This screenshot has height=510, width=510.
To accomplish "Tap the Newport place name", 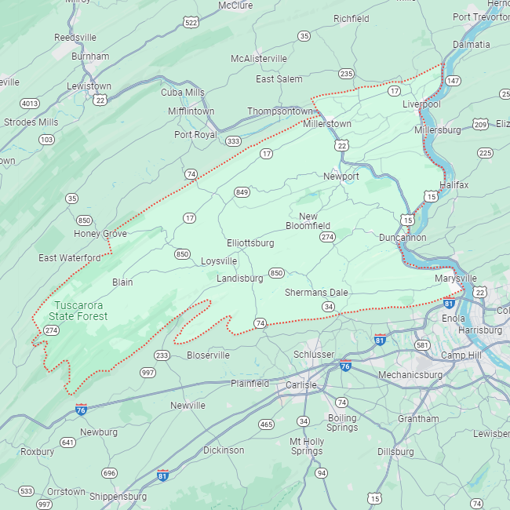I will coord(341,177).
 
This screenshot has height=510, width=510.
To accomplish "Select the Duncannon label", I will coord(403,237).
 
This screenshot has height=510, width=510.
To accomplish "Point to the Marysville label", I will coord(455,279).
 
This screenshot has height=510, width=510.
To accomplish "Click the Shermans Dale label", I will coord(316,293).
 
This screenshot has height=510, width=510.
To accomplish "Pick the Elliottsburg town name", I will coord(250,243).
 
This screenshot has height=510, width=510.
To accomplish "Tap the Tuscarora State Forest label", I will coord(78,311).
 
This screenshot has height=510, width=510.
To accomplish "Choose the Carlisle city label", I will coord(301,385).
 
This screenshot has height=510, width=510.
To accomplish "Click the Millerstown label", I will coord(327,124).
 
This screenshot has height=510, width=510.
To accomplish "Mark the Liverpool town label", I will coord(421,104).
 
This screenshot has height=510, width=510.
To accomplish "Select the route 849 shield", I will coord(242,192).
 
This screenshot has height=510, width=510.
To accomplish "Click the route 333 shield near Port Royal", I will coord(232,141).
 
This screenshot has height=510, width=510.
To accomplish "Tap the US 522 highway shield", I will coord(191,23).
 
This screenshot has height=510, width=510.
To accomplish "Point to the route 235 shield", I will coord(346,74).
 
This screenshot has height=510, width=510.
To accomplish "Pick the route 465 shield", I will coord(266,424).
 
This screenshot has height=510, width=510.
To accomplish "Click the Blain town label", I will coord(122,282).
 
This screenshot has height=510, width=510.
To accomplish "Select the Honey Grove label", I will coord(100,234).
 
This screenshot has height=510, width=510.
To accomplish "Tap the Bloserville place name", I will coord(209,355).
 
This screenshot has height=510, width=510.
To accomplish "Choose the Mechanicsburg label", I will coord(410,375).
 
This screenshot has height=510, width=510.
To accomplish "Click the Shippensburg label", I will coord(118,497).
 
